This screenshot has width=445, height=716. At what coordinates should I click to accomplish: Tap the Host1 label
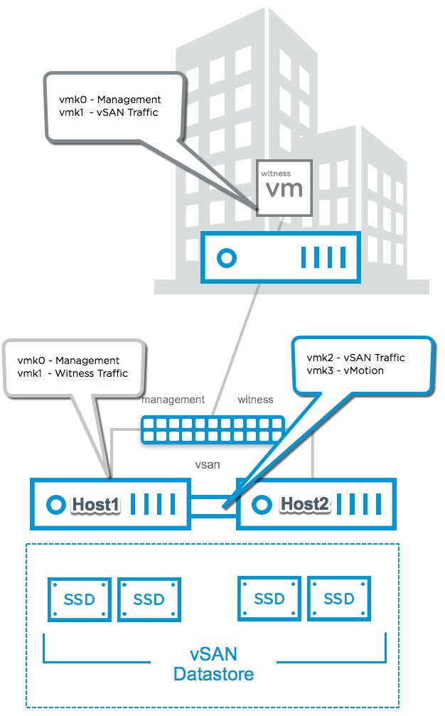click(96, 505)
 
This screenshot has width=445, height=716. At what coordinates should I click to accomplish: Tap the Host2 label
click(304, 504)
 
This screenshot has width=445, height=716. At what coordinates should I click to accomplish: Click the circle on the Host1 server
click(55, 505)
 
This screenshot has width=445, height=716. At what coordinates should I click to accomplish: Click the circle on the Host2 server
click(263, 504)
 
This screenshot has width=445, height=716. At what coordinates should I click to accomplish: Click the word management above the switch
click(173, 400)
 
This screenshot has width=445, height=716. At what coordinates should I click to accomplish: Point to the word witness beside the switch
click(254, 400)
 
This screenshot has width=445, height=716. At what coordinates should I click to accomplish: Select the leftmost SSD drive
click(79, 599)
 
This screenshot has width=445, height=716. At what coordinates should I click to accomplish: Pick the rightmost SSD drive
click(338, 599)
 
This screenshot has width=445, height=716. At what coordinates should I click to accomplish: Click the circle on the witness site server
click(226, 257)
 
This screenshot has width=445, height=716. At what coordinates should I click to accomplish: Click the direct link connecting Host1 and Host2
click(213, 506)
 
